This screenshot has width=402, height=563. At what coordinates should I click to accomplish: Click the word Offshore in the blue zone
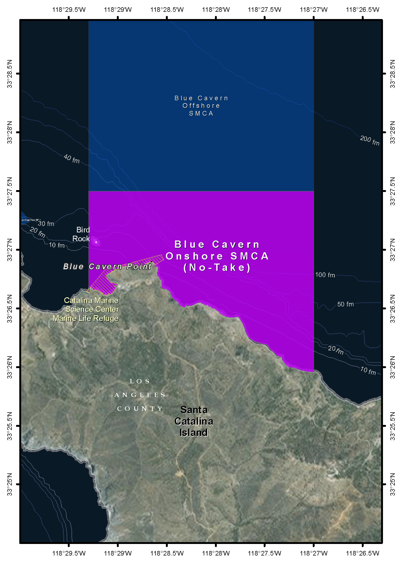click(x=201, y=106)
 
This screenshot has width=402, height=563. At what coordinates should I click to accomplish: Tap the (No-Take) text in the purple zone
click(x=217, y=268)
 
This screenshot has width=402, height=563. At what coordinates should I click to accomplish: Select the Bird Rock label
click(x=81, y=234)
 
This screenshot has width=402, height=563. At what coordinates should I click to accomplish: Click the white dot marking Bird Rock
click(x=96, y=242)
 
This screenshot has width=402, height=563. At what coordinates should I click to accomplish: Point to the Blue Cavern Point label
click(x=107, y=266)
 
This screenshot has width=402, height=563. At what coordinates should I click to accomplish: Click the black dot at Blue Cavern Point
click(x=152, y=261)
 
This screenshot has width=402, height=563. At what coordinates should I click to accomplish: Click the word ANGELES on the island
click(x=140, y=395)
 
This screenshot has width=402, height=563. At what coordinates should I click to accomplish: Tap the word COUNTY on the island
click(x=140, y=409)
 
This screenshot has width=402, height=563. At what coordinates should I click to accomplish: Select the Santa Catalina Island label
click(x=194, y=421)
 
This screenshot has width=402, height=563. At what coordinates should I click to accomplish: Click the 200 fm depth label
click(x=370, y=140)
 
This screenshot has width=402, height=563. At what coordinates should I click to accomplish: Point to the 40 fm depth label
click(x=72, y=159)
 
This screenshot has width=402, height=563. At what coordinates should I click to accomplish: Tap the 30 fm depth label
click(x=46, y=224)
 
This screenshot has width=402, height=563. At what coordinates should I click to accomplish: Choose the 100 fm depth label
click(x=325, y=275)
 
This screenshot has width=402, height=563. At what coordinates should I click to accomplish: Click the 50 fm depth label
click(x=345, y=304)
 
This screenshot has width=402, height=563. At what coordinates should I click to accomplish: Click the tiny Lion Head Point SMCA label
click(x=31, y=220)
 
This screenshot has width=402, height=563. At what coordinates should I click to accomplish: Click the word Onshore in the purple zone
click(x=194, y=256)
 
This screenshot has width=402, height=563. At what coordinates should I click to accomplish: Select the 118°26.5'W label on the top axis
click(x=363, y=10)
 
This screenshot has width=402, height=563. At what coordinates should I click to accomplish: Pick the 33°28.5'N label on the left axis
click(x=10, y=74)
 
